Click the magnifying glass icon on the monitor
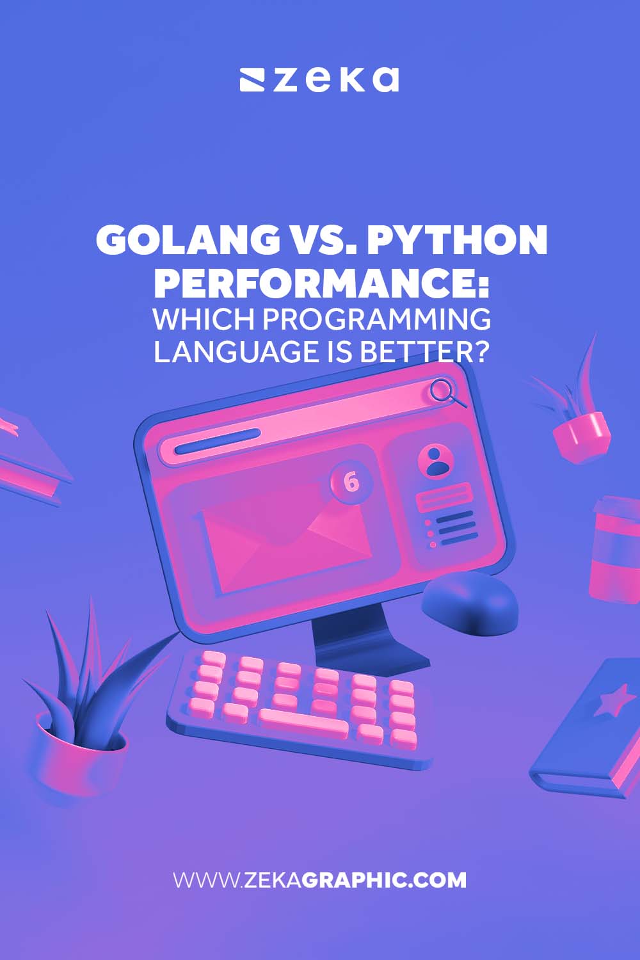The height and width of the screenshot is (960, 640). point(445,392)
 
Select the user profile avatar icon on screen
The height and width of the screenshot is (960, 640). point(436,460)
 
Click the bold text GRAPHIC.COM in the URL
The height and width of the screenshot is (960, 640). point(384,880)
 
